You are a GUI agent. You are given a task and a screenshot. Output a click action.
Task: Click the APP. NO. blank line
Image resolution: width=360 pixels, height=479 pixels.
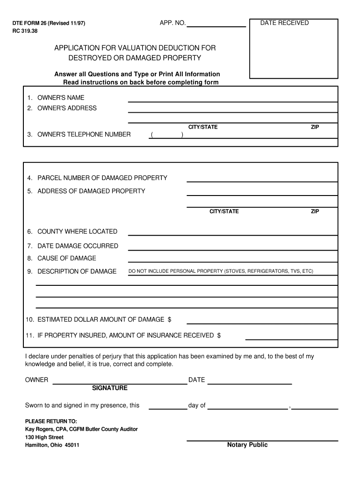coord(216,26)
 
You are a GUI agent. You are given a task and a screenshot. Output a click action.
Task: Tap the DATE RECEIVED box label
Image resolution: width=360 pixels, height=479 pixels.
coord(284,23)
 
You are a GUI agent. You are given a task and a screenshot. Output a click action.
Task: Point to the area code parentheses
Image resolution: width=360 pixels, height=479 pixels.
coord(166,135)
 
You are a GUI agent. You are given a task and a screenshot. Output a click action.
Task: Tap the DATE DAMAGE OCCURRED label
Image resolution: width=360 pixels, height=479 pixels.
coord(78,246)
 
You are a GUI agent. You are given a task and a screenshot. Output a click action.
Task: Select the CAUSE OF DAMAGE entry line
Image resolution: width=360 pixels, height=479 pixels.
coord(232,261)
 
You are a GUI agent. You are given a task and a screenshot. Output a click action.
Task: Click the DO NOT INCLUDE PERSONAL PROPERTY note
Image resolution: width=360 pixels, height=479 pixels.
coord(221,271)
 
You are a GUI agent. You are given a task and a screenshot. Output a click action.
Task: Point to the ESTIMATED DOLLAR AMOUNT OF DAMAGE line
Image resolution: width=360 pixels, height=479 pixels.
coord(262,322)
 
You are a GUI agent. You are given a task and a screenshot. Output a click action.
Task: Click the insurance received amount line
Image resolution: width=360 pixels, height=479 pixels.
coord(291,338)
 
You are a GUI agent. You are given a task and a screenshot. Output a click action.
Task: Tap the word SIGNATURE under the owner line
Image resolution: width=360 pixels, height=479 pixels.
coord(110,388)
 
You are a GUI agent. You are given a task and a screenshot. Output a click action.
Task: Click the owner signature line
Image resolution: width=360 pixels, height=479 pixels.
coord(120,383)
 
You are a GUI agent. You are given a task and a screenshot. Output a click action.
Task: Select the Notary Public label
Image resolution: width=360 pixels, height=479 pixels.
coord(247,445)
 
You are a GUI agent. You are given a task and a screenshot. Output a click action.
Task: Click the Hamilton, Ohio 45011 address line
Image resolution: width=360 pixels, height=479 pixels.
coord(52,445)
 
